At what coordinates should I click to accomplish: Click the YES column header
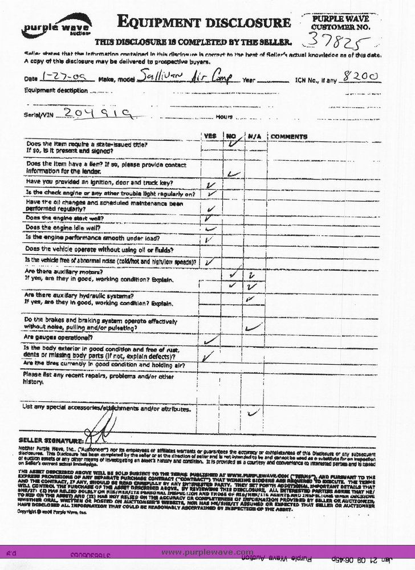(x=210, y=137)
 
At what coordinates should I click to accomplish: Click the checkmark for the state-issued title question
(x=232, y=145)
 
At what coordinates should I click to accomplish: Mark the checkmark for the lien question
(x=232, y=173)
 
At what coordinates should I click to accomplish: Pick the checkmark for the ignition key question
(x=212, y=185)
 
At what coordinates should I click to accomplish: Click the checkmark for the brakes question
(x=254, y=327)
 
